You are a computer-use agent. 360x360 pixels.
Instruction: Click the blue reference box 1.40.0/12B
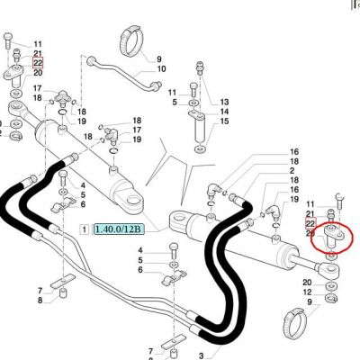click(120, 229)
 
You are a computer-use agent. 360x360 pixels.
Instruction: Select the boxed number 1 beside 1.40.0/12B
click(85, 229)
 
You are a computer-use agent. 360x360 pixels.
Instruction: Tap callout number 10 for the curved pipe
click(161, 69)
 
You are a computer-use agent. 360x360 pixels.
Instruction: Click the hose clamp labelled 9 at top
click(131, 41)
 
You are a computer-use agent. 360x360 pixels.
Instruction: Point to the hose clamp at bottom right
click(295, 321)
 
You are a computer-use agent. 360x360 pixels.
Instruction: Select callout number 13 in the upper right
click(224, 103)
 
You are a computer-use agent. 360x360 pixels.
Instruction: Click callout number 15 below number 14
click(224, 121)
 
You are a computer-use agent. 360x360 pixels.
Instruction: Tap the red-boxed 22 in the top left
click(38, 63)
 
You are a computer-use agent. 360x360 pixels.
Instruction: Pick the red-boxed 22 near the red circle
click(310, 223)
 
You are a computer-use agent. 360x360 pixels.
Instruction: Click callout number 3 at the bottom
click(201, 356)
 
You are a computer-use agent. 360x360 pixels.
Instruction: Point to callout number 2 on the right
click(292, 171)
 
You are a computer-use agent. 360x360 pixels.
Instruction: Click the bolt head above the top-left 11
click(8, 37)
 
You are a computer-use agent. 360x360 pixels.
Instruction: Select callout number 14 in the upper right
click(224, 112)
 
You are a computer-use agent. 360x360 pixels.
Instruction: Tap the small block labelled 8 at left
click(63, 292)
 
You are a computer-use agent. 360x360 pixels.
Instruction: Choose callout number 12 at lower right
click(307, 292)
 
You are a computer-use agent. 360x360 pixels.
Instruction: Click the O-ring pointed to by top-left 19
click(63, 113)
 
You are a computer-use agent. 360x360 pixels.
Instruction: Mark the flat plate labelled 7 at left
click(63, 282)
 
